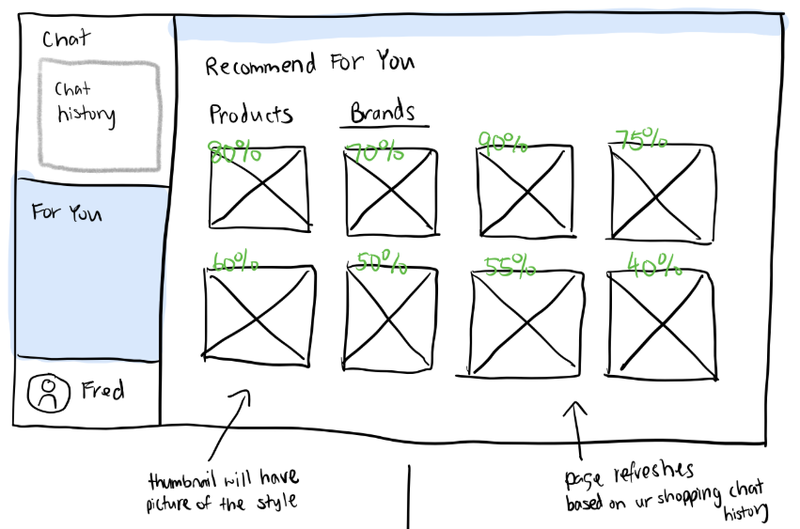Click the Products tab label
click(250, 115)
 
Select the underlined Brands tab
click(383, 113)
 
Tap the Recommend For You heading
click(309, 65)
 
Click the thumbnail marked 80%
click(258, 186)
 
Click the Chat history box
click(99, 111)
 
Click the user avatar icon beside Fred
click(49, 394)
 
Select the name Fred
click(103, 391)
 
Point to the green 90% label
click(503, 143)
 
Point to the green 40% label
click(654, 266)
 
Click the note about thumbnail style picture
click(223, 490)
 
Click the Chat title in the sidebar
click(66, 39)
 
